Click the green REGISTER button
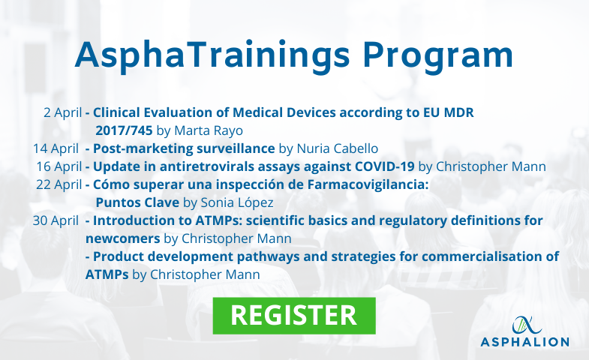pos(294,316)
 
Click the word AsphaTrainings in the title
pos(212,56)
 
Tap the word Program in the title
pos(437,56)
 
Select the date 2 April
pos(62,112)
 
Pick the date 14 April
pos(56,148)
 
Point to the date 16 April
pos(59,166)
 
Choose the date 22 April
pos(59,184)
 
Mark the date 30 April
pos(56,220)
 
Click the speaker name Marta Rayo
pos(209,131)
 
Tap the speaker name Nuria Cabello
pos(338,148)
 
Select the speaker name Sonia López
pos(237,202)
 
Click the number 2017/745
pos(124,130)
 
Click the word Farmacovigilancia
pos(368,184)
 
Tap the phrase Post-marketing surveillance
pos(184,148)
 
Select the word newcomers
pos(123,238)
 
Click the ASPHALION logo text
pos(524,342)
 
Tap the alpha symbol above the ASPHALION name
pos(527,325)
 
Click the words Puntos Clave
pos(137,202)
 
